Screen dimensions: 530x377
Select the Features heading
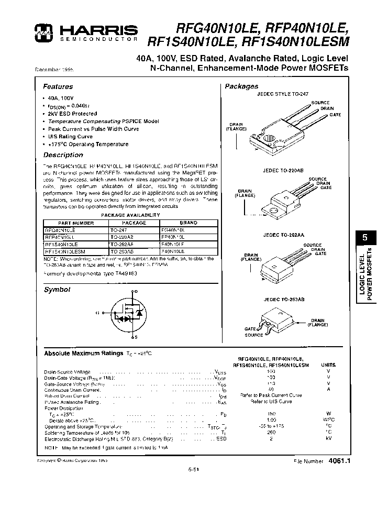pos(58,87)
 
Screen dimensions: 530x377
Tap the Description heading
pos(63,155)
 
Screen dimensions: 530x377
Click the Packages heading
pos(241,86)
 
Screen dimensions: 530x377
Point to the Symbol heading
pos(57,290)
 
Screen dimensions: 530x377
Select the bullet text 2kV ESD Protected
pos(72,114)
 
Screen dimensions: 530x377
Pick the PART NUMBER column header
pos(75,223)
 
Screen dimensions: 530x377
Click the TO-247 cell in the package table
pos(119,230)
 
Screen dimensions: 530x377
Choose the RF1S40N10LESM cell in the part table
pos(65,251)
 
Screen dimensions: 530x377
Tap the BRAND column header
pos(188,223)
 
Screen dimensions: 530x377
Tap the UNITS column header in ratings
pos(328,364)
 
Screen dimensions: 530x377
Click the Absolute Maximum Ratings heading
pos(84,354)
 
